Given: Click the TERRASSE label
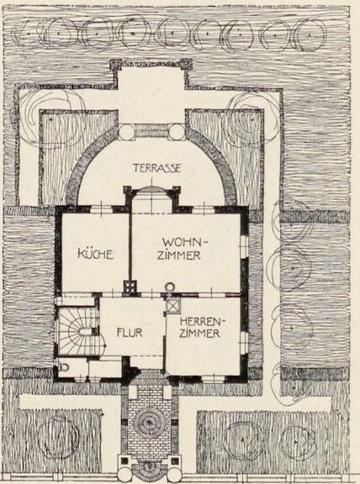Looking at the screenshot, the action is pos(156,168).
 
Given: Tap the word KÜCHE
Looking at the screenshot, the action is pos(95,255).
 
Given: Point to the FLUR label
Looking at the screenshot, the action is pos(130,333).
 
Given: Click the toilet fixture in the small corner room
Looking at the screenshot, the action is pos(65,367).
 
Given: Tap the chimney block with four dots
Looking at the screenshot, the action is pos(130,287).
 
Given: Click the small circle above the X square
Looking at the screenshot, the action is pos(170,287).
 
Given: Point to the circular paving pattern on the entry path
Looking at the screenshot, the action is pos(150,423).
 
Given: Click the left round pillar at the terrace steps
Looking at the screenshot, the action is pos(127,132).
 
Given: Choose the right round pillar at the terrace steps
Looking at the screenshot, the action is pos(177,132).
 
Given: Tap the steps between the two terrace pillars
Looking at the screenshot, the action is pos(151,131).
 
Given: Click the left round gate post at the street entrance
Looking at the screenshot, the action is pos(124,475).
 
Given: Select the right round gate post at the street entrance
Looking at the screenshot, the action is pos(175,475).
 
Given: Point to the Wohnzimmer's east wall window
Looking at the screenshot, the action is pos(244,246).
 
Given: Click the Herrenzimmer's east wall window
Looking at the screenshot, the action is pos(244,343).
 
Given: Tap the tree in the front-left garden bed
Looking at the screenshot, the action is pos(58,436).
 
